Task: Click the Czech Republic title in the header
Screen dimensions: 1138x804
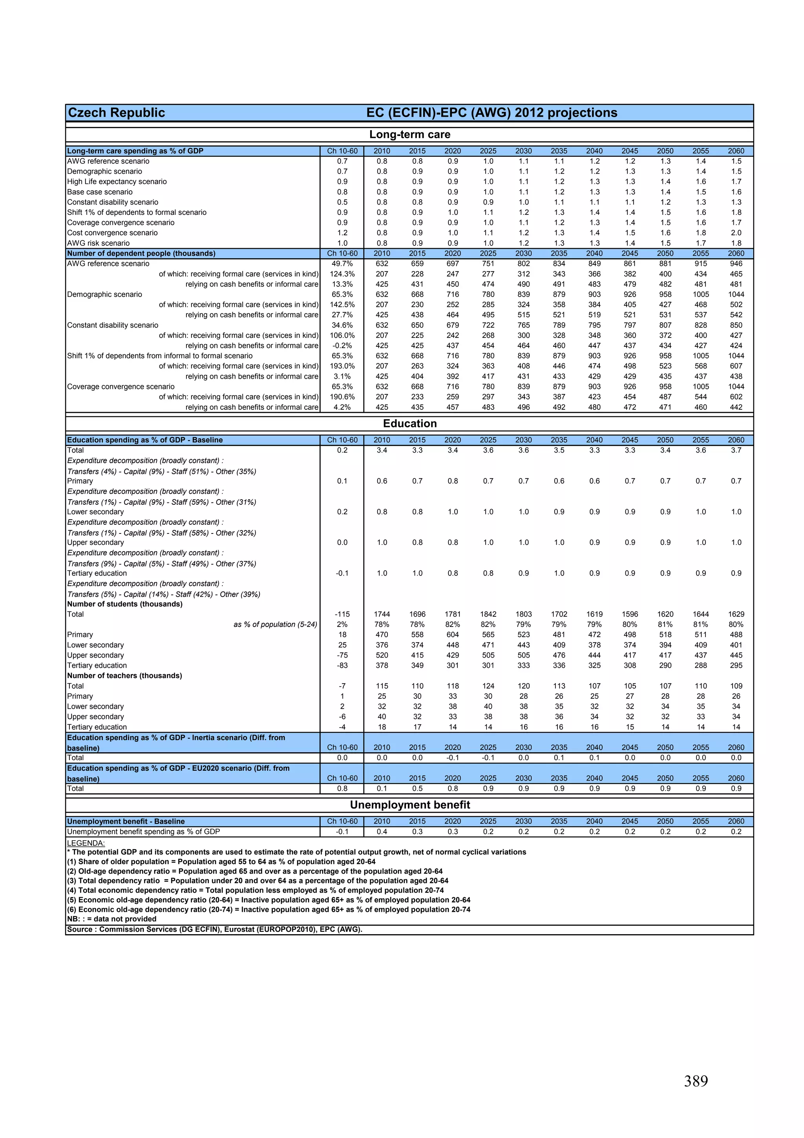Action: click(x=117, y=112)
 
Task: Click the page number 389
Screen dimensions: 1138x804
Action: click(x=696, y=1081)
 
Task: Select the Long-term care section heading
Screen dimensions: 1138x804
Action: click(x=410, y=134)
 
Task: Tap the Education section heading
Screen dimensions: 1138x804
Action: click(x=410, y=423)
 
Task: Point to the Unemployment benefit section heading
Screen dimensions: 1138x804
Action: click(x=410, y=804)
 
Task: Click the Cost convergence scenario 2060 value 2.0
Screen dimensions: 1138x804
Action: click(x=736, y=233)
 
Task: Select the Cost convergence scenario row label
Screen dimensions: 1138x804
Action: click(x=112, y=233)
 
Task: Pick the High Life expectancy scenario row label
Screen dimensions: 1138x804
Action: click(x=117, y=181)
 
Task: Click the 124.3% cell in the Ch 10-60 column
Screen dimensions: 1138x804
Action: click(x=342, y=274)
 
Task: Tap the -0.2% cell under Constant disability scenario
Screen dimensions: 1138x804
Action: click(x=342, y=345)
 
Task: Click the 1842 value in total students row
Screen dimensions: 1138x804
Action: click(x=488, y=614)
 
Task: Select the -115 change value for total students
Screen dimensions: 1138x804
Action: click(x=342, y=614)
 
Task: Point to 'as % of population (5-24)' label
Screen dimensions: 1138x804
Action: click(x=276, y=625)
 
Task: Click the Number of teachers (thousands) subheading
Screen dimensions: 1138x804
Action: click(x=125, y=676)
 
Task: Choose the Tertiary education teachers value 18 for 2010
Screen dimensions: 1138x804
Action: click(x=382, y=727)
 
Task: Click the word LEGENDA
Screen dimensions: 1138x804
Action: click(x=86, y=843)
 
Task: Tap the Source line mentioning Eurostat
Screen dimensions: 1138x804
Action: click(x=214, y=929)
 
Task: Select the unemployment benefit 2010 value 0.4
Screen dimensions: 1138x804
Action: click(x=382, y=832)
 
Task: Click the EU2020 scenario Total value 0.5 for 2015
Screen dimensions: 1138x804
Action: click(x=417, y=788)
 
